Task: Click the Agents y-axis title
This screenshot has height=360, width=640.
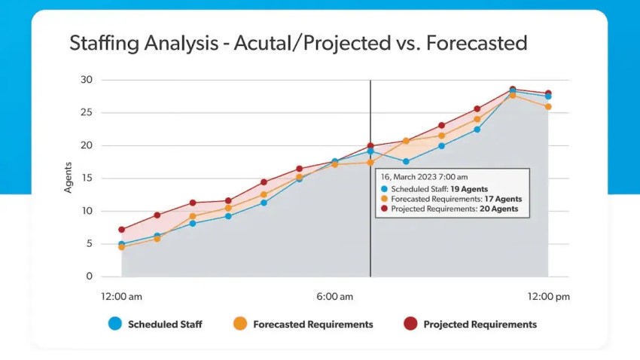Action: [68, 178]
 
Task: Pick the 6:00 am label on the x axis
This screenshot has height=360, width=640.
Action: [334, 297]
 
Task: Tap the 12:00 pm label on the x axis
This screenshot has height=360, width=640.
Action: [548, 297]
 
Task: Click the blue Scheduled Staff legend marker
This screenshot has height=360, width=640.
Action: [114, 324]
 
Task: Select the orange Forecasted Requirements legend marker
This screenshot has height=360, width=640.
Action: [240, 324]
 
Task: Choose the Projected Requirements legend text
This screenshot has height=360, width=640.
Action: [480, 325]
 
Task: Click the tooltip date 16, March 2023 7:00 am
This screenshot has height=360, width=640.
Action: [425, 177]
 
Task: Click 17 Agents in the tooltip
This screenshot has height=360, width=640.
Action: [498, 199]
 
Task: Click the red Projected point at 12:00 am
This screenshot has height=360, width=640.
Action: [121, 230]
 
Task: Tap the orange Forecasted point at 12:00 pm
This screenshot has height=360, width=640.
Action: [548, 107]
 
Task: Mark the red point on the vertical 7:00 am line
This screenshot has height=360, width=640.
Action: [370, 146]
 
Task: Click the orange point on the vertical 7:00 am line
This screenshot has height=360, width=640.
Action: [370, 162]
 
